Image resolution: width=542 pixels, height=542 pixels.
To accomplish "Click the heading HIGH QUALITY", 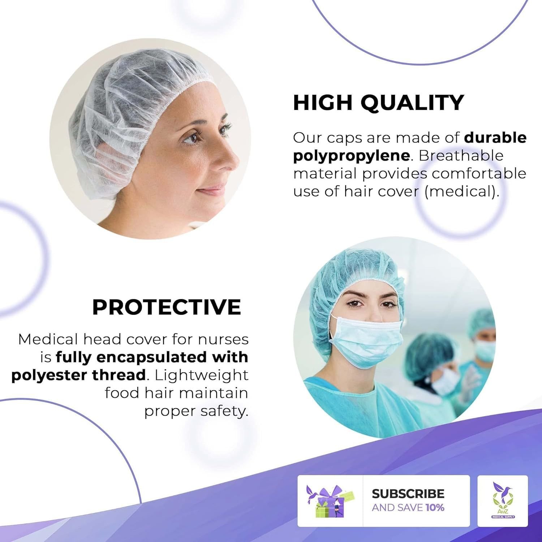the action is click(378, 102).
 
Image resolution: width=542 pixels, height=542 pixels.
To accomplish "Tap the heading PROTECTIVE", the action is click(167, 307).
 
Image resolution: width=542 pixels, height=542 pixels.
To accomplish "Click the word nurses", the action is click(223, 340).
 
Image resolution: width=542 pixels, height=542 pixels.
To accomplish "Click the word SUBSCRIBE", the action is click(408, 494).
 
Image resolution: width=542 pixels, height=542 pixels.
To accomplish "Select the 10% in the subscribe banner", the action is click(435, 508).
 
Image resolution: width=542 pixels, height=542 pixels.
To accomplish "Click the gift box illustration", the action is click(329, 501).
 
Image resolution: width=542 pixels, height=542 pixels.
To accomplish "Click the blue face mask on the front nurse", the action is click(369, 341).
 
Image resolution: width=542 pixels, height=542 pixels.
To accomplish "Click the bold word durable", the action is click(495, 138).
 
